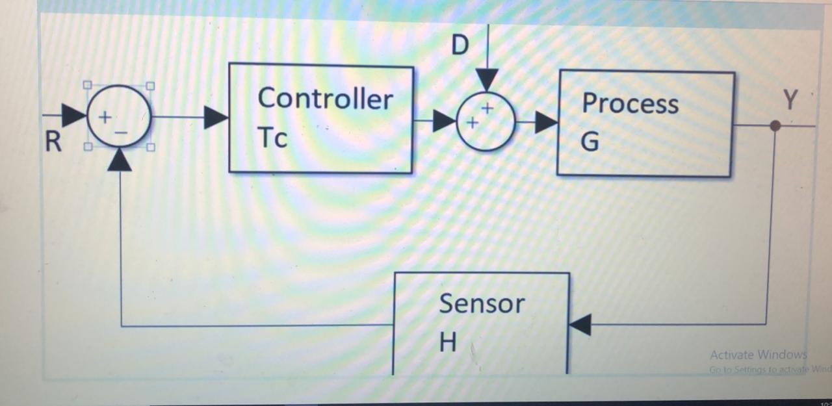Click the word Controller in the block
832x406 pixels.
(x=325, y=99)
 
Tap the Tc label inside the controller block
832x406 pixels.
(x=272, y=138)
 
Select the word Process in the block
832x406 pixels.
(x=630, y=104)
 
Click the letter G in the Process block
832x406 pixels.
(x=590, y=142)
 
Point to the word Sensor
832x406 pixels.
(x=482, y=303)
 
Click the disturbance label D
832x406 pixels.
(x=460, y=46)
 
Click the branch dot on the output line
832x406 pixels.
(x=775, y=125)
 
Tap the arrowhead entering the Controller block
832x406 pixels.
(x=216, y=118)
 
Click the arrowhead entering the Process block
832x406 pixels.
(x=546, y=122)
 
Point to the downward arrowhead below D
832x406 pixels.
(x=487, y=80)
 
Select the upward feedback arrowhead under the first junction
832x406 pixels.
(x=120, y=160)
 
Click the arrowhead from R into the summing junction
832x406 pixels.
(x=74, y=116)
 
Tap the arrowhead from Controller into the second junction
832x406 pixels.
(x=445, y=120)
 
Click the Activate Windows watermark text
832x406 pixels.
(x=758, y=355)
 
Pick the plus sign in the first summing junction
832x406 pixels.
(x=104, y=117)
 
